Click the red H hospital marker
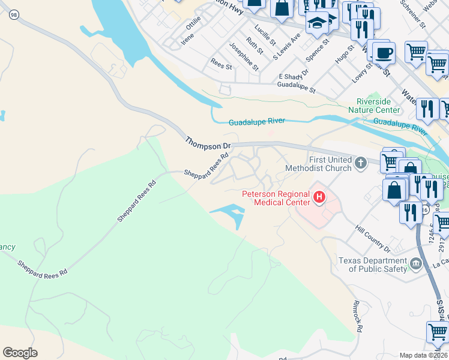click(319, 196)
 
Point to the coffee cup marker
click(384, 53)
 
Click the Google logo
click(20, 353)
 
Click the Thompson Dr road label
click(208, 143)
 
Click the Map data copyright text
click(423, 355)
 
